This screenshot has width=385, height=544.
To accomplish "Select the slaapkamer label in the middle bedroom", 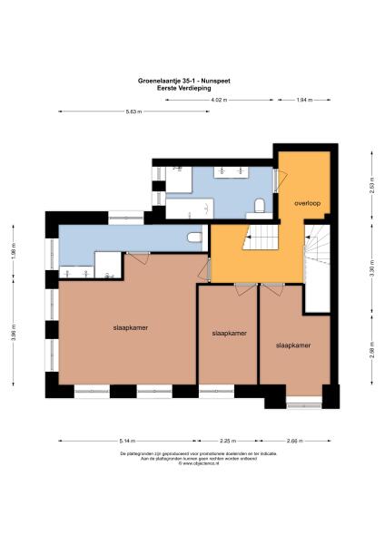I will point(228,333).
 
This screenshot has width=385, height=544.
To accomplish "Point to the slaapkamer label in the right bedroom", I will point(294,345).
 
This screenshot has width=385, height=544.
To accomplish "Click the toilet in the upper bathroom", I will point(260,205).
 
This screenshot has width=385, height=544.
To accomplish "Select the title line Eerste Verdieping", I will point(192,88).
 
